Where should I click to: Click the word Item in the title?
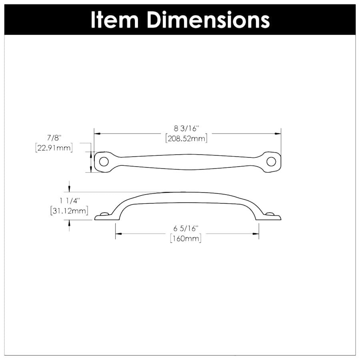coord(115,19)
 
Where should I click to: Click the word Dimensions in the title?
coord(208,19)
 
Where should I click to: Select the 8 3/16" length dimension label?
coord(186,129)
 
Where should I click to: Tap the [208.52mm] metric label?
coord(186,138)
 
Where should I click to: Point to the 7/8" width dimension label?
coord(53,138)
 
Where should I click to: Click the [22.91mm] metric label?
coord(53,148)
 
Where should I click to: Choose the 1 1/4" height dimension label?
coord(69,200)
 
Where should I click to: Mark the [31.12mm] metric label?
coord(69,210)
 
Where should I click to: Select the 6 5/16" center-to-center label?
coord(186,229)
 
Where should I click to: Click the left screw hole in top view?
coord(104,162)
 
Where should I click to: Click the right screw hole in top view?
coord(271,162)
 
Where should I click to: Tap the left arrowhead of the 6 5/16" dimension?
coord(118,234)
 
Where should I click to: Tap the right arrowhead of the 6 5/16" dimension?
coord(256,234)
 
